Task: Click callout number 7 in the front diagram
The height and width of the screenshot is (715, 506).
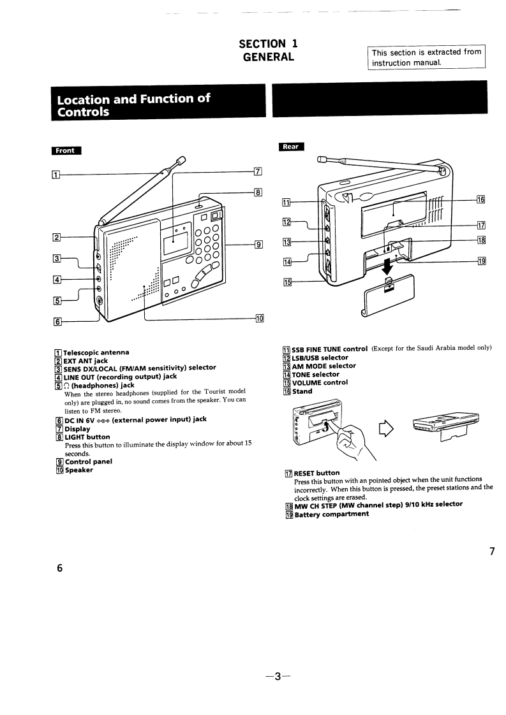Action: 258,171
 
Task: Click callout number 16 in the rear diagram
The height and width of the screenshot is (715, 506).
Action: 480,199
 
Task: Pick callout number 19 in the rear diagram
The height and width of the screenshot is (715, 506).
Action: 480,261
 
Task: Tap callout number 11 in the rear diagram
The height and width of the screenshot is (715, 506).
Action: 286,202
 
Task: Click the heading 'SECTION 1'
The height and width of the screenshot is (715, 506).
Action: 268,43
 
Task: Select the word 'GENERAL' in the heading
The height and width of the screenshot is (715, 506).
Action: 269,57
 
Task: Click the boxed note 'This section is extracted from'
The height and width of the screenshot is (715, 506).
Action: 426,52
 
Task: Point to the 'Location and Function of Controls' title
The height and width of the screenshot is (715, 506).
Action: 133,105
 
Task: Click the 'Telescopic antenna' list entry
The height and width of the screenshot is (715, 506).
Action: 96,352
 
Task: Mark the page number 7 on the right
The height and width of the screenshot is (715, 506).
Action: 491,551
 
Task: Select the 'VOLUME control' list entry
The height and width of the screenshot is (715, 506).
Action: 320,382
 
